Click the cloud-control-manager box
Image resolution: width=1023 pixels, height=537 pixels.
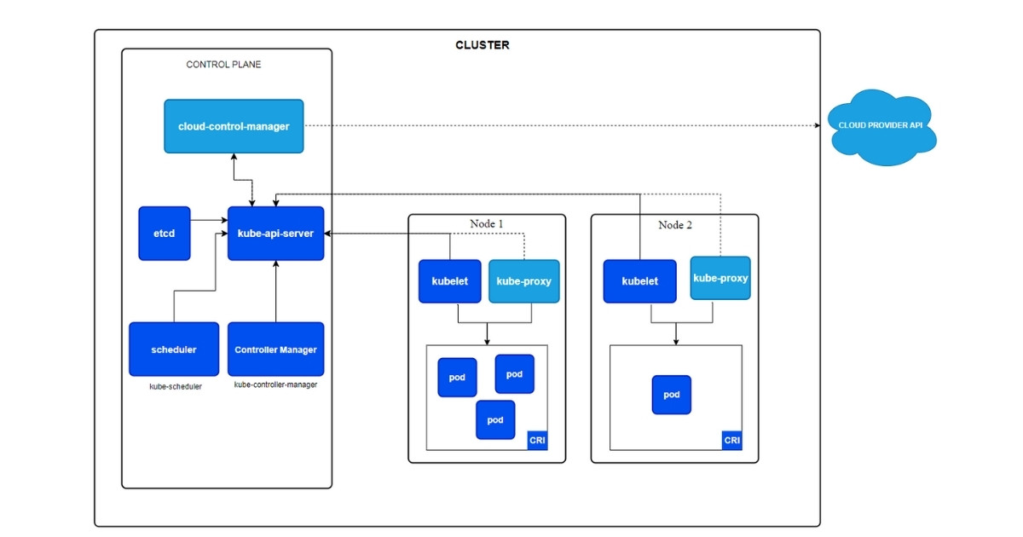(x=234, y=126)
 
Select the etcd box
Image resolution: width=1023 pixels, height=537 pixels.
(x=164, y=233)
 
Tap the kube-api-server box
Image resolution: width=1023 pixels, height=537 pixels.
(x=275, y=233)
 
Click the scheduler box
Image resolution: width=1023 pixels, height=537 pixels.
(x=174, y=349)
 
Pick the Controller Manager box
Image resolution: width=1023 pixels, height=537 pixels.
(x=275, y=349)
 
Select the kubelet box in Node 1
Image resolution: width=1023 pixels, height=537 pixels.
(x=449, y=281)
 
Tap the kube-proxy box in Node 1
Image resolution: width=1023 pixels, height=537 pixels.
(x=523, y=281)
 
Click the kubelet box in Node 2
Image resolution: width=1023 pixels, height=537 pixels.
(x=639, y=281)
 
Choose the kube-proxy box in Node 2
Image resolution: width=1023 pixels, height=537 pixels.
(x=720, y=278)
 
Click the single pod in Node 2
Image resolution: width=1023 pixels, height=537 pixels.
(x=672, y=395)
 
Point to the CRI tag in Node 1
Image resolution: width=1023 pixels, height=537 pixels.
(x=537, y=441)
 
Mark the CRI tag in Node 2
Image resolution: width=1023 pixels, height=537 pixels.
(x=731, y=441)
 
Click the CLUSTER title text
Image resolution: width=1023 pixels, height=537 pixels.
(x=483, y=45)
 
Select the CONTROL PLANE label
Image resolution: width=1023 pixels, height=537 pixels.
(x=223, y=65)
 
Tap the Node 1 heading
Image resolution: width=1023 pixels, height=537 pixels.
(x=487, y=224)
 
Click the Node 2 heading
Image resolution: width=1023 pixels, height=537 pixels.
(x=675, y=225)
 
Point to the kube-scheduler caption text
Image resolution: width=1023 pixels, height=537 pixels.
(x=176, y=387)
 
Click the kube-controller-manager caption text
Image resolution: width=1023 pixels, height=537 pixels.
(x=275, y=385)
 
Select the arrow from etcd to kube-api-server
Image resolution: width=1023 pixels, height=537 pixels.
(x=209, y=221)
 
